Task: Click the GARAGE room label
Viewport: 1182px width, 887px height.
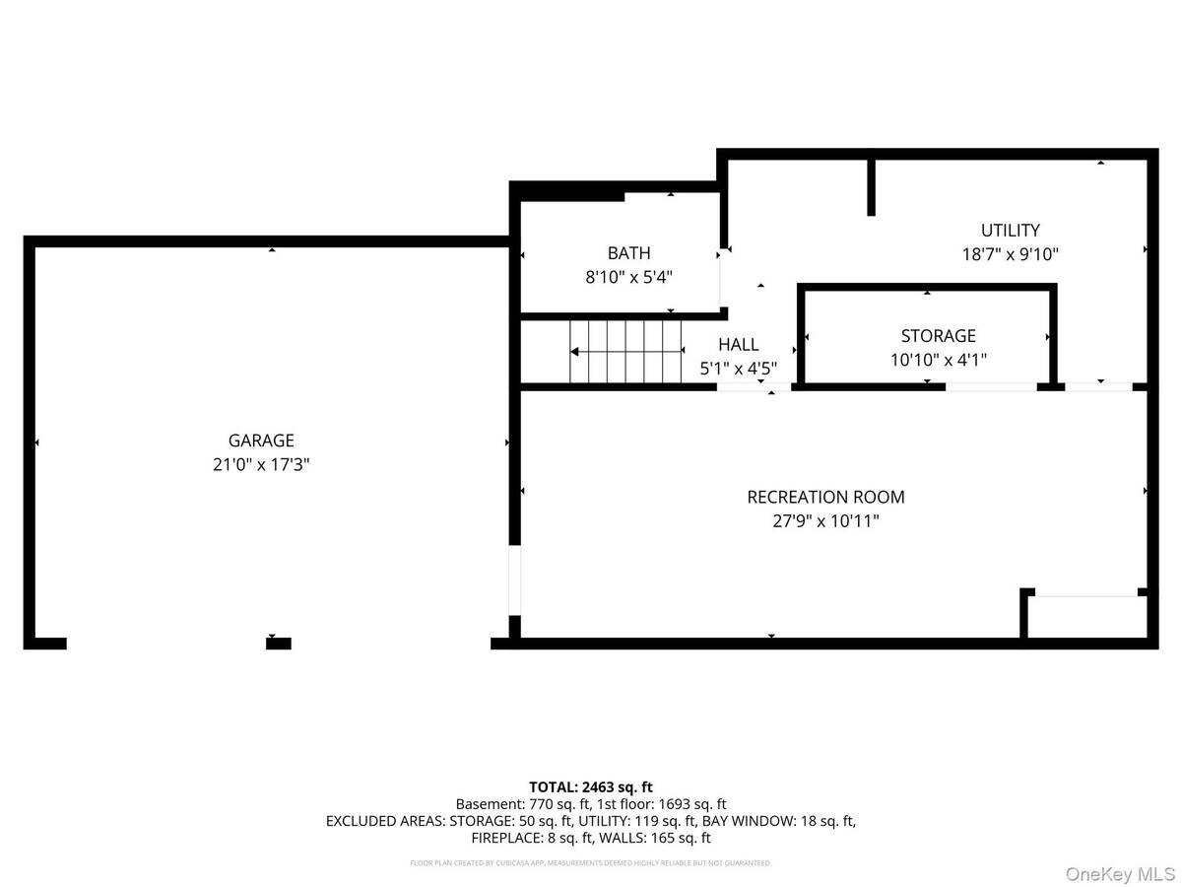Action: coord(261,442)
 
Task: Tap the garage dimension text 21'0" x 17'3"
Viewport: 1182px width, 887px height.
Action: coord(261,465)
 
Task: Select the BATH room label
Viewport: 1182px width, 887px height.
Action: coord(628,253)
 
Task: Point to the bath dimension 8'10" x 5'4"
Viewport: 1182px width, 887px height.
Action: coord(628,278)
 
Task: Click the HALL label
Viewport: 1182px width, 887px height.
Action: coord(738,344)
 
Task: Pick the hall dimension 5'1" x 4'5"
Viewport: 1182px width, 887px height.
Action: coord(738,369)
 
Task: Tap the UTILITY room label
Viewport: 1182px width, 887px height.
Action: coord(1011,231)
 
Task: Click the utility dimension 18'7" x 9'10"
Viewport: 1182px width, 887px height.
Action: coord(1011,254)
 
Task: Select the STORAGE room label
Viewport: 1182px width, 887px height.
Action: coord(938,336)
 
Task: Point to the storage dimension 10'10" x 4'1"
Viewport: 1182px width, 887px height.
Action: coord(938,360)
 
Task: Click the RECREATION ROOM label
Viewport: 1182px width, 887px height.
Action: coord(825,498)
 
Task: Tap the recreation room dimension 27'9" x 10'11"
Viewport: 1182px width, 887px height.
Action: coord(825,521)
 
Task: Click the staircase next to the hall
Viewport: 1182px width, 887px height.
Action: coord(626,351)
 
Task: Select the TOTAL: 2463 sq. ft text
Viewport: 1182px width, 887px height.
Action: coord(591,786)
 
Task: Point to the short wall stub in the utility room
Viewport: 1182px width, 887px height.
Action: coord(871,185)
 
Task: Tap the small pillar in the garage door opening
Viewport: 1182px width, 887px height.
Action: coord(279,644)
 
